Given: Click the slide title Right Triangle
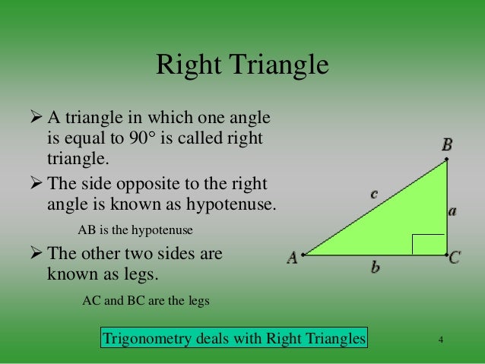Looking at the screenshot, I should click(242, 65).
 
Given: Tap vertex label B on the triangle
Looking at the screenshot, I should click(447, 144).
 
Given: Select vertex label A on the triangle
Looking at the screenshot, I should click(292, 258).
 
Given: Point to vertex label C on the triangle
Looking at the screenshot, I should click(455, 258).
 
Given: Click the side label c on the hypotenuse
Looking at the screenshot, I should click(374, 195).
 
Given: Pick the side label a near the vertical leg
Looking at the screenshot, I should click(452, 212).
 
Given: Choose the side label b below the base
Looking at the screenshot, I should click(375, 267).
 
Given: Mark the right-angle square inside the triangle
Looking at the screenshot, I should click(428, 245).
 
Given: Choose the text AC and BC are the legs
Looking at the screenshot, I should click(144, 299).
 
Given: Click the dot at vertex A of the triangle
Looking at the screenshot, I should click(303, 255).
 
